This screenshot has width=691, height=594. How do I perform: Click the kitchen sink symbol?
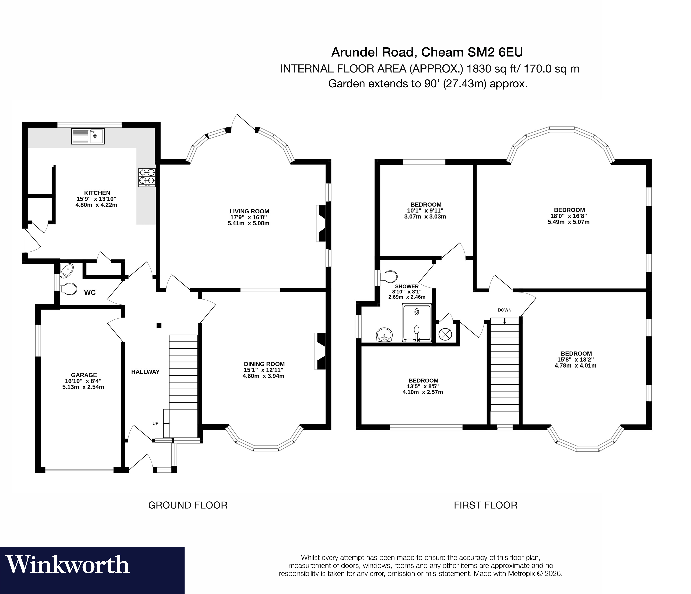click(x=88, y=136)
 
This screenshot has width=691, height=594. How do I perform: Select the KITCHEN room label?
click(x=97, y=193)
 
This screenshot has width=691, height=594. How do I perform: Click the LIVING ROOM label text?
click(x=249, y=211)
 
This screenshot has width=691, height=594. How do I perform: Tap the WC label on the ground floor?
click(x=90, y=293)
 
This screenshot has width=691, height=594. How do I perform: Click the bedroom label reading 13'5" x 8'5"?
click(x=423, y=386)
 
